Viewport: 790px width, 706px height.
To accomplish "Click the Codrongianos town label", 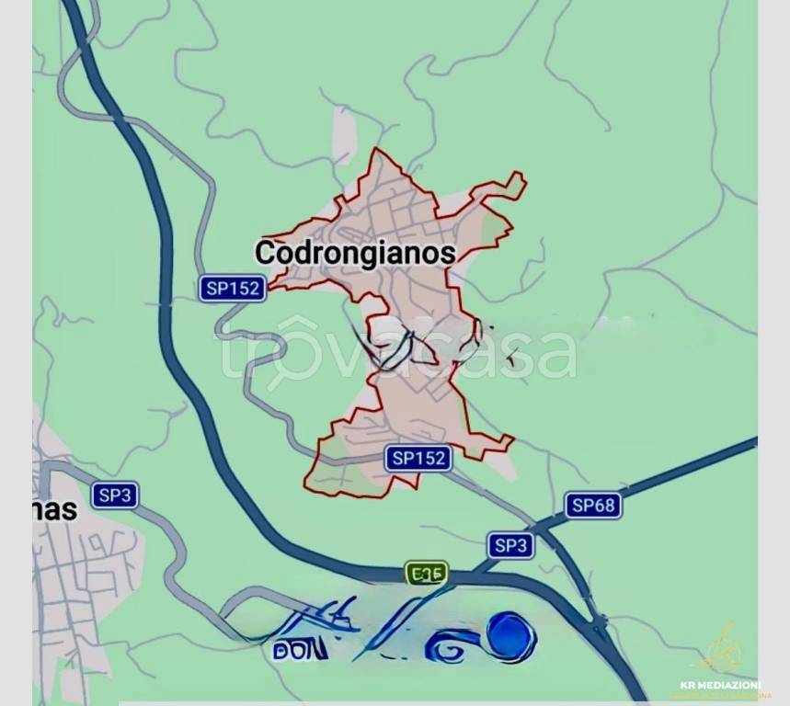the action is click(x=355, y=253).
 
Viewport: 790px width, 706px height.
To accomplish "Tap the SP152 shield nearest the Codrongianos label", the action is click(x=233, y=288).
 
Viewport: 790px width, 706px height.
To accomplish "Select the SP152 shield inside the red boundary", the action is click(x=418, y=457).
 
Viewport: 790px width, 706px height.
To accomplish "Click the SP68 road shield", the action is click(x=593, y=505).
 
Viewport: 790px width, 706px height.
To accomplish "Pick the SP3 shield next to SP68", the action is click(x=509, y=544).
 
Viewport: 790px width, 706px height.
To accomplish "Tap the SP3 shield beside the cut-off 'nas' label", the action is click(x=115, y=495).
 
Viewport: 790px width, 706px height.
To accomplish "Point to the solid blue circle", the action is click(x=510, y=635).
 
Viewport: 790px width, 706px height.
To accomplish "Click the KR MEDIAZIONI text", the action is click(x=719, y=685).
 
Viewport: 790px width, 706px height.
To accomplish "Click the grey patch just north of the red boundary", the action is click(x=343, y=138).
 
